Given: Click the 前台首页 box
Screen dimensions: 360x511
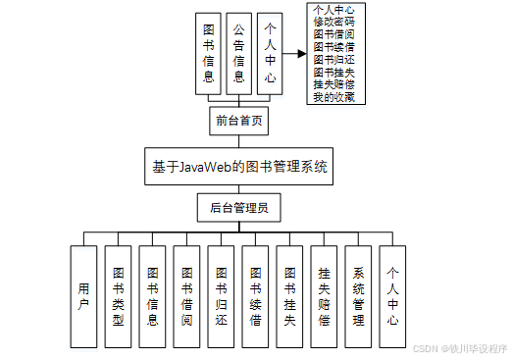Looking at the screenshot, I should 238,121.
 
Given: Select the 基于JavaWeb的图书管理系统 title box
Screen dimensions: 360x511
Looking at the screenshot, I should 238,167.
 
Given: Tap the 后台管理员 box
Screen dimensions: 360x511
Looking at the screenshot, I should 238,208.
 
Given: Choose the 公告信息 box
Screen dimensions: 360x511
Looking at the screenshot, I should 238,53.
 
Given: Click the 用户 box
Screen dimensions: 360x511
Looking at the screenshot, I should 83,295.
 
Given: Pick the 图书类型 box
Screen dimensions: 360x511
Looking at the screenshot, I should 118,295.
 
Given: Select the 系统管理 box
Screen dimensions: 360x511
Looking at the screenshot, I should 358,295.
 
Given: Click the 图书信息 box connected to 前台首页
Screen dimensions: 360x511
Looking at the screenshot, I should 208,53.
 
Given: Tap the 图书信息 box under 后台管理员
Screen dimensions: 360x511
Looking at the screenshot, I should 152,295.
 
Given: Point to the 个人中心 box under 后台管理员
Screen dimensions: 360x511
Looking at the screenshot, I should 392,295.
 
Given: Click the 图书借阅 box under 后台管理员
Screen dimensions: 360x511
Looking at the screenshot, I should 186,295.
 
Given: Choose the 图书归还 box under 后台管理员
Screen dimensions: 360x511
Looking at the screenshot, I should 221,295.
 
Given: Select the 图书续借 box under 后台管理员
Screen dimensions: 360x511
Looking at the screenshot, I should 255,295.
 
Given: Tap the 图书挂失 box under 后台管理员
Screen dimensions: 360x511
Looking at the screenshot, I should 289,295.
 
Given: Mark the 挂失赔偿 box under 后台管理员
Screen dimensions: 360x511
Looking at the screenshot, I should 324,295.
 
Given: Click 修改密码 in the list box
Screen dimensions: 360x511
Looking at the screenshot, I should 333,21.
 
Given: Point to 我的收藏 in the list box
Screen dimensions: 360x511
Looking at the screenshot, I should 333,97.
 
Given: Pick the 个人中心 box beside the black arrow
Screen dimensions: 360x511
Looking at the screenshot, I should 270,53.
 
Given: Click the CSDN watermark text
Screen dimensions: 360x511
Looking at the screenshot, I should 459,348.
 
